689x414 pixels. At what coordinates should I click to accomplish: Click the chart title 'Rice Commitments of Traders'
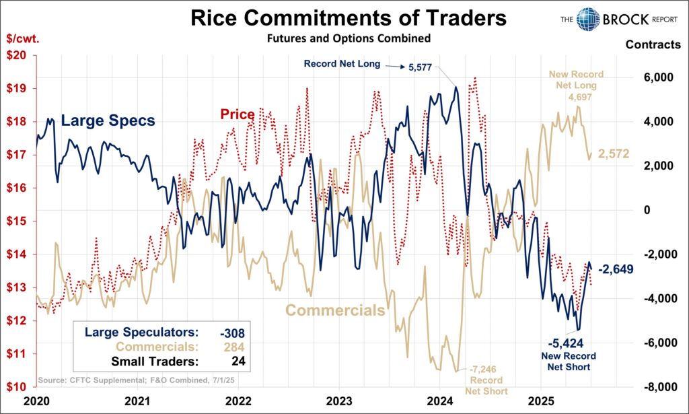pyautogui.click(x=348, y=18)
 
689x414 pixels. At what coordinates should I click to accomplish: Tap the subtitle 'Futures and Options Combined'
pyautogui.click(x=348, y=38)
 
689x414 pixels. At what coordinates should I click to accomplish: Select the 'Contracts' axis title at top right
pyautogui.click(x=653, y=45)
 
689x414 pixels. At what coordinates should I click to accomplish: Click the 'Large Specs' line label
pyautogui.click(x=108, y=121)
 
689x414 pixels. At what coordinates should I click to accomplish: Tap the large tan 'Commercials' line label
pyautogui.click(x=335, y=310)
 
